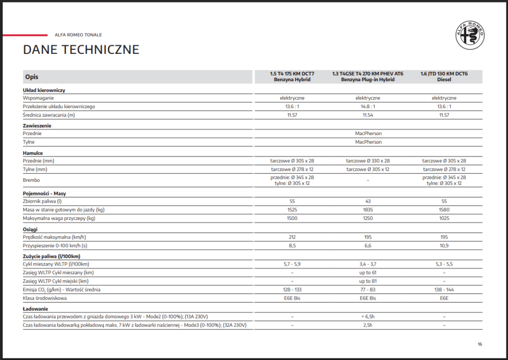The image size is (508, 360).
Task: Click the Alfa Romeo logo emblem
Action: coord(470,35)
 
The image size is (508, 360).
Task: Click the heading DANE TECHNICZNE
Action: coord(81,50)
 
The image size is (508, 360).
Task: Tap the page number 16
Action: coord(480,344)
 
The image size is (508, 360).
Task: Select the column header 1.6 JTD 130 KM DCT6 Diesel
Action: coord(444,77)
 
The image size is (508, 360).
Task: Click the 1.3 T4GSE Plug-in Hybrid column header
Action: coord(368,77)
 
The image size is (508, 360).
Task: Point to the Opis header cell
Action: coord(31,77)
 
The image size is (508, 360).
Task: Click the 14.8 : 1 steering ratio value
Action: coord(368,107)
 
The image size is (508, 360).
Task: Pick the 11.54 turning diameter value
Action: coord(368,115)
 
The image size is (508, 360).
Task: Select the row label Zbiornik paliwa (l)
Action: coord(42,202)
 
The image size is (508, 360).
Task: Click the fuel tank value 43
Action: coord(368,202)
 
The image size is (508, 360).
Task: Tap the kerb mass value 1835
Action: coord(368,210)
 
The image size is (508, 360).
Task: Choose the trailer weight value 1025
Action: coord(444,218)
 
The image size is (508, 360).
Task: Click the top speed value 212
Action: coord(292,237)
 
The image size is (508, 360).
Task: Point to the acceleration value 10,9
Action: coord(444,246)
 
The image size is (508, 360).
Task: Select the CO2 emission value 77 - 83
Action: coord(368,289)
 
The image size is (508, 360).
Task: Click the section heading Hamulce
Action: coord(33,153)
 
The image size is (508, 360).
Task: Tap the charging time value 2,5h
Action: coord(368,325)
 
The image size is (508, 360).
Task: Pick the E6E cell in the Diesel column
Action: coord(444,298)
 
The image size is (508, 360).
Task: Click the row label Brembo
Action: coord(31,180)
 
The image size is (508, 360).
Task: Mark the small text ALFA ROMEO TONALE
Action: coord(78,35)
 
